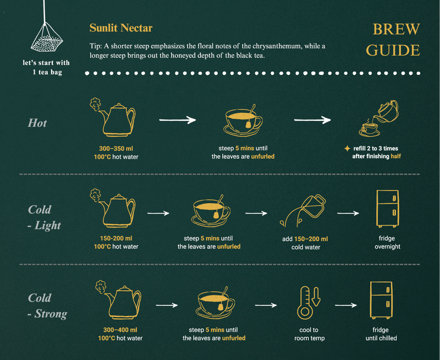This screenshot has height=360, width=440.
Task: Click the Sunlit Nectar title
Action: [x=121, y=28]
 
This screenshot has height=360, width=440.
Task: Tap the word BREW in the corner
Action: [x=396, y=29]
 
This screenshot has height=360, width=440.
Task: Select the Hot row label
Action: [x=37, y=123]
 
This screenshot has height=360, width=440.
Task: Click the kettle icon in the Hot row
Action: [x=113, y=117]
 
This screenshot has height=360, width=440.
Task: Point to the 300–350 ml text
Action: [x=116, y=149]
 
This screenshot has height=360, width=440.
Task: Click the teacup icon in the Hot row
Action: [x=243, y=121]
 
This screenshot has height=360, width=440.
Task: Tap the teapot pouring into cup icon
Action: [x=379, y=118]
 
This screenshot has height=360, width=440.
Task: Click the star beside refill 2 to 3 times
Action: [x=347, y=148]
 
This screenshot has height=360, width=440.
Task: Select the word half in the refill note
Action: [x=395, y=156]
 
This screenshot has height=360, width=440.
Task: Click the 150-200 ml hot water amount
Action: [x=116, y=238]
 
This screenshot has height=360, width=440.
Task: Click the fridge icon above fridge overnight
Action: [x=388, y=209]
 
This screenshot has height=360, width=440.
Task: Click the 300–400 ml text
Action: [x=120, y=330]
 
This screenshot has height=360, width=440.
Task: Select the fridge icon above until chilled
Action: [x=381, y=300]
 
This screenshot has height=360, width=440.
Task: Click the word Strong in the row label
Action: [x=51, y=314]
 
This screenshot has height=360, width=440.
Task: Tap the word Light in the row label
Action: [x=48, y=226]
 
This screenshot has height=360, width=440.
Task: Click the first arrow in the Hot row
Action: [x=177, y=120]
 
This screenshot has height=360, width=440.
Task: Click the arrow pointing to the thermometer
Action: [x=266, y=305]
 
